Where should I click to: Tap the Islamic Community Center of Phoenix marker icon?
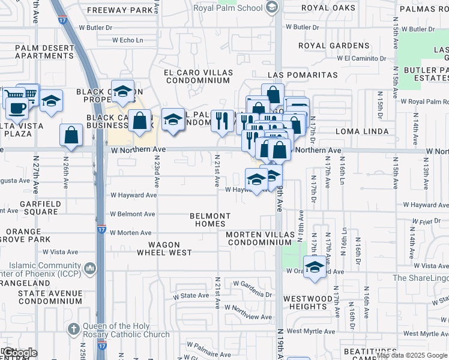pyautogui.click(x=90, y=268)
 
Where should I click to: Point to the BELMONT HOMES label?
pyautogui.click(x=210, y=220)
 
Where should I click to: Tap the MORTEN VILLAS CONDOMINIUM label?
pyautogui.click(x=259, y=238)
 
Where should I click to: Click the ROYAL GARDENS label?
pyautogui.click(x=334, y=46)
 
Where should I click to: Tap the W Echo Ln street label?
pyautogui.click(x=128, y=40)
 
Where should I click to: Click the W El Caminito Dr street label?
pyautogui.click(x=361, y=58)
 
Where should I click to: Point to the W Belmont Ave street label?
pyautogui.click(x=133, y=214)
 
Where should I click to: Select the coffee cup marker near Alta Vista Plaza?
pyautogui.click(x=17, y=108)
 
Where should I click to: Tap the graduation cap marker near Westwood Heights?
pyautogui.click(x=314, y=267)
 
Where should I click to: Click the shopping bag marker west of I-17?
pyautogui.click(x=71, y=134)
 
